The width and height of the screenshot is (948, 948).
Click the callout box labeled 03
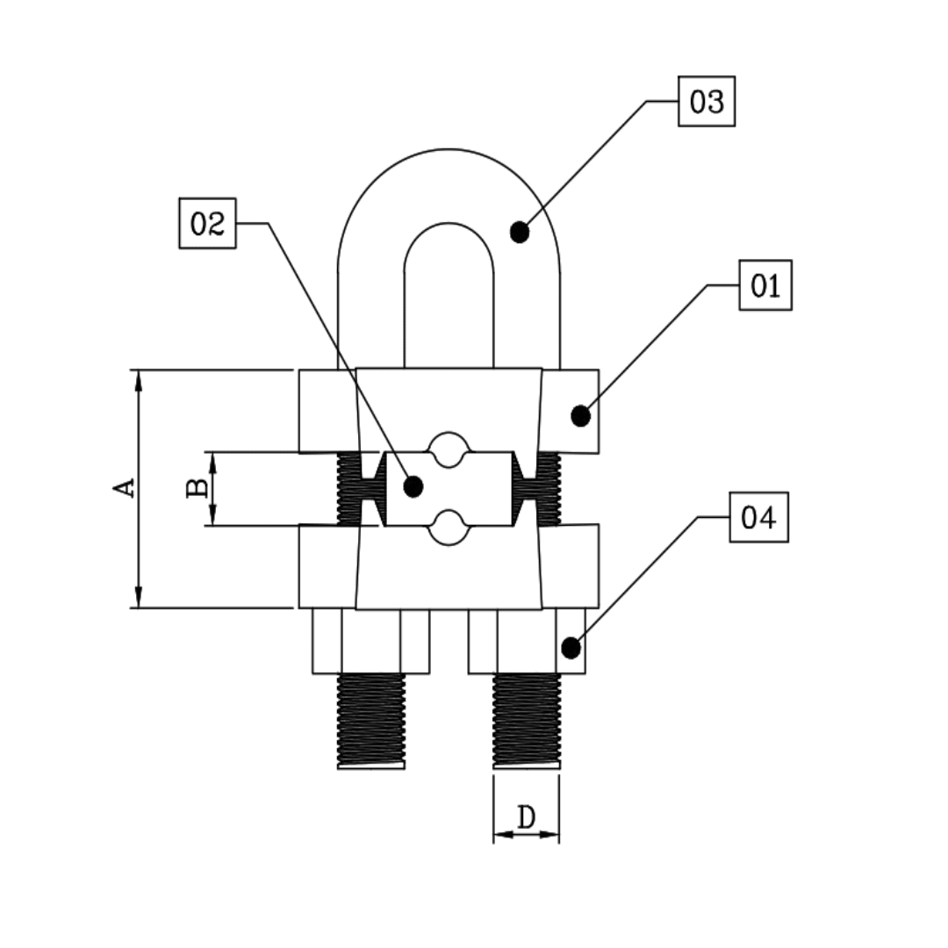click(706, 102)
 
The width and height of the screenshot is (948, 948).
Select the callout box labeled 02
click(207, 223)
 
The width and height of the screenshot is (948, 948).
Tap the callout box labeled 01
click(765, 285)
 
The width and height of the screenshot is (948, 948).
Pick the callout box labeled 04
click(758, 517)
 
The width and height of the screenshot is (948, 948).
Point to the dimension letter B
click(197, 488)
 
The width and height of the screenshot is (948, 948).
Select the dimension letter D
click(526, 817)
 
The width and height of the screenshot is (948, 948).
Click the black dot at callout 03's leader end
click(520, 233)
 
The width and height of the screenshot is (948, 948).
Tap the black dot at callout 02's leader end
click(413, 485)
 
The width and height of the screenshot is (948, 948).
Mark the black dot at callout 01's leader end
click(580, 416)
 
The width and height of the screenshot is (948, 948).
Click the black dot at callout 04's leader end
click(571, 649)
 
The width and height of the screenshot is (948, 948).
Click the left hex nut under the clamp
click(370, 642)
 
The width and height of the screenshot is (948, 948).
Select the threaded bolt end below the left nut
click(370, 720)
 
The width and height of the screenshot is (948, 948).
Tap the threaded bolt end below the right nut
click(526, 720)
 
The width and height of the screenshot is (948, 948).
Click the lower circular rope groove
click(449, 528)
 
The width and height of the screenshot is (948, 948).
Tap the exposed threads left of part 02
click(349, 488)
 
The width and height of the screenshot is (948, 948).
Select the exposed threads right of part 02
click(549, 488)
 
